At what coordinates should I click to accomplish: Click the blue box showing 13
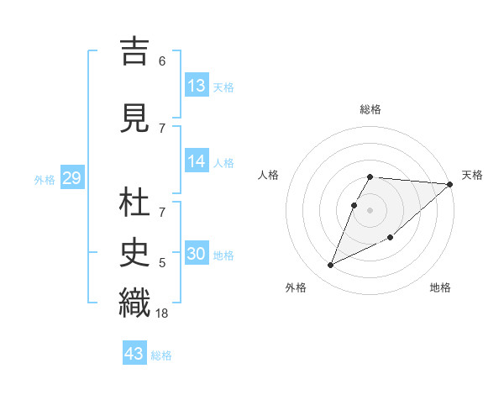pyautogui.click(x=197, y=85)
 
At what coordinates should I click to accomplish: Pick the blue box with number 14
pyautogui.click(x=197, y=161)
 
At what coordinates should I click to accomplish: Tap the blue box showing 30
pyautogui.click(x=197, y=254)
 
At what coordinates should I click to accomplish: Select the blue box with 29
pyautogui.click(x=71, y=178)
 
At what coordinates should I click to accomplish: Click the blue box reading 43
pyautogui.click(x=134, y=354)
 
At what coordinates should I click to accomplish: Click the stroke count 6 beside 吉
pyautogui.click(x=162, y=61)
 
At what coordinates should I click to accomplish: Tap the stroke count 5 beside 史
pyautogui.click(x=162, y=263)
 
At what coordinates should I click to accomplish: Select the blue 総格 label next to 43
pyautogui.click(x=161, y=355)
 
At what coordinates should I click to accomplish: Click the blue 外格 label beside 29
pyautogui.click(x=45, y=179)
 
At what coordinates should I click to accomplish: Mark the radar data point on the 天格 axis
pyautogui.click(x=449, y=185)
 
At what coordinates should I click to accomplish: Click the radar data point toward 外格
pyautogui.click(x=331, y=265)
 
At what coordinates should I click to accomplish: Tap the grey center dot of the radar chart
pyautogui.click(x=370, y=208)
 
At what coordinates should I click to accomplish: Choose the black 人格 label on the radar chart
pyautogui.click(x=269, y=175)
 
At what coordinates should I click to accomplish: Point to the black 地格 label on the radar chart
pyautogui.click(x=440, y=288)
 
